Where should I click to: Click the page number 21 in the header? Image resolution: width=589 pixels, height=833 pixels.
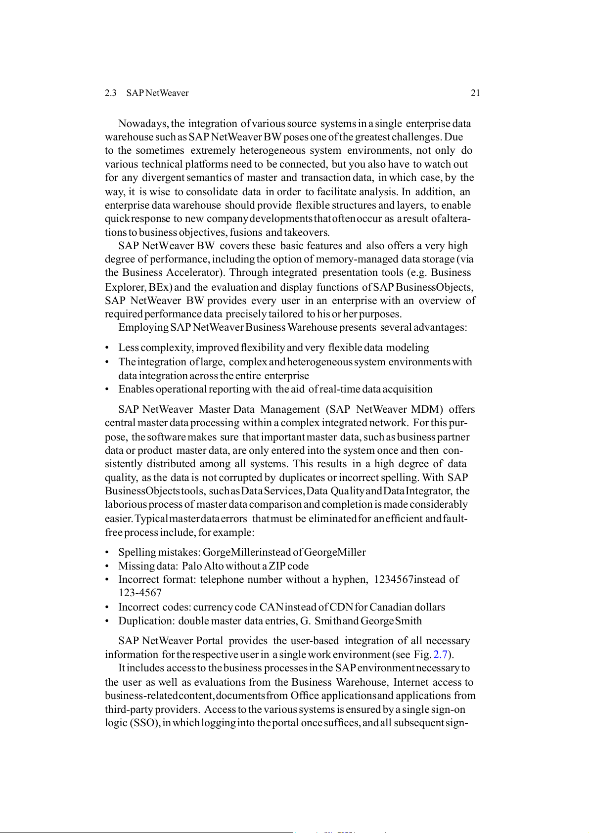coord(475,93)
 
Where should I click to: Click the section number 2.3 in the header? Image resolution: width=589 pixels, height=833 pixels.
coord(110,93)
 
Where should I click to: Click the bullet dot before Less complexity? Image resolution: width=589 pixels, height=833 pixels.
coord(107,348)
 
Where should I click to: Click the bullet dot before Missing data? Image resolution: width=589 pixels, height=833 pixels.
coord(107,567)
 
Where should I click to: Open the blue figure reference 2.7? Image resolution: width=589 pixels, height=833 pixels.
coord(440,655)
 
